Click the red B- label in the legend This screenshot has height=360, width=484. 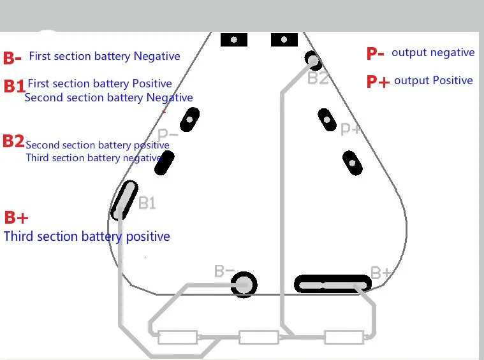(x=12, y=58)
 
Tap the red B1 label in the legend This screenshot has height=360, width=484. (x=15, y=86)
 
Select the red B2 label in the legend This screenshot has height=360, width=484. (x=13, y=141)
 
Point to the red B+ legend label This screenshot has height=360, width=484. (x=17, y=217)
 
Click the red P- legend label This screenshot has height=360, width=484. (x=376, y=54)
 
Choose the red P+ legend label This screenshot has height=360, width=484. (x=378, y=82)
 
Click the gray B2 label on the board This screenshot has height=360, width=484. (x=318, y=78)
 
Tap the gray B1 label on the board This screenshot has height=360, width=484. (x=147, y=203)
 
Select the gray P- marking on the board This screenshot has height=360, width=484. (x=168, y=135)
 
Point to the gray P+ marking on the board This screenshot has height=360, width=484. (x=351, y=129)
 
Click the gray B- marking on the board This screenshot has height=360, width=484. (x=224, y=271)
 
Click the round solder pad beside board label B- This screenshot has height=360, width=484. (x=244, y=284)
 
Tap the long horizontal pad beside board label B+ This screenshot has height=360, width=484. (x=333, y=284)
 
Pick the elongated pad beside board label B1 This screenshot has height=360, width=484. (x=124, y=200)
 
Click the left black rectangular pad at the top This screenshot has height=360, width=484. (x=234, y=40)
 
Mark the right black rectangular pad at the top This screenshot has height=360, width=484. (x=284, y=40)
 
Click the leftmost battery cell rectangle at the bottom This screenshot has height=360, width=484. (x=178, y=337)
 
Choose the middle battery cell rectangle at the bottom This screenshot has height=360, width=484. (x=259, y=337)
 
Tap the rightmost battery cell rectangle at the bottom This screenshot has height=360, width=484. (x=344, y=337)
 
